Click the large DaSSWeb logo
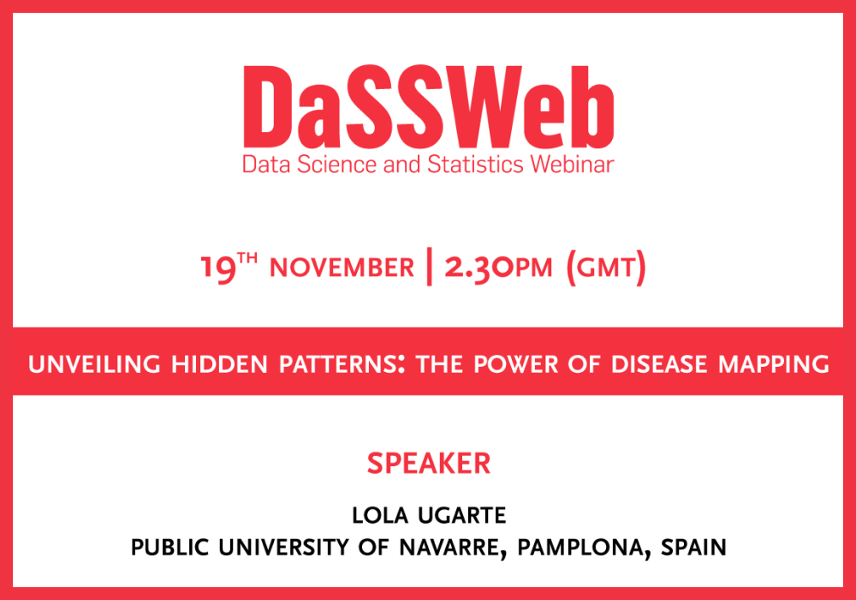pos(429,107)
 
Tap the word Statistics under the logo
pos(475,165)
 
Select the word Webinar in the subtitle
pos(572,165)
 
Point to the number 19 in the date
pos(217,268)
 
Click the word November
pos(342,267)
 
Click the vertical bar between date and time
pos(430,266)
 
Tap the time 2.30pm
pos(498,267)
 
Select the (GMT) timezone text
pos(606,267)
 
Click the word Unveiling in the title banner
pos(94,364)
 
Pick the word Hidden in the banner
pos(219,364)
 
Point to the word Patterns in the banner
pos(342,364)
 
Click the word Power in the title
pos(516,364)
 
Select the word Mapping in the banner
pos(774,364)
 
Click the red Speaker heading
pos(429,464)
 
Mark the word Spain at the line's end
pos(693,548)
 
